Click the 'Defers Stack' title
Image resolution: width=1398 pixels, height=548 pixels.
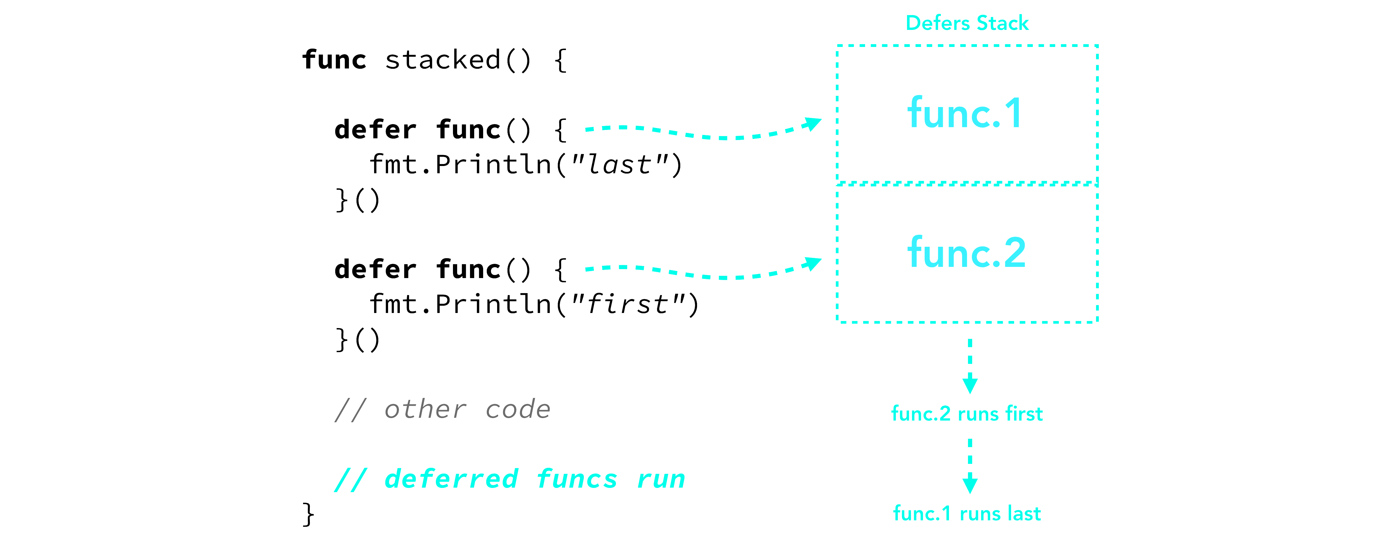tap(967, 23)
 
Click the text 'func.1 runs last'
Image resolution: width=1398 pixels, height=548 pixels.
tap(967, 513)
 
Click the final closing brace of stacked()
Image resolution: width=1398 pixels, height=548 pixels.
tap(308, 514)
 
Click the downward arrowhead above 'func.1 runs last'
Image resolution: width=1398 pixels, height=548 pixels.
tap(970, 484)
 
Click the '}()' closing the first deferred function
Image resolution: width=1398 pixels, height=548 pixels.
tap(358, 200)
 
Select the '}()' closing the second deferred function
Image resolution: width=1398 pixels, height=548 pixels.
tap(358, 340)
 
